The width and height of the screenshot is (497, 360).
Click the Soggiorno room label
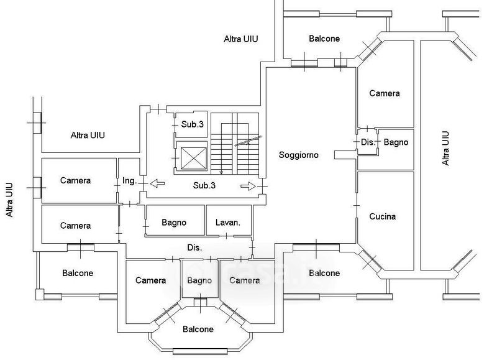(299, 155)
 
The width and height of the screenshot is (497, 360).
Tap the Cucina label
(383, 217)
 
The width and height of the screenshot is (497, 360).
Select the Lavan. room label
(228, 223)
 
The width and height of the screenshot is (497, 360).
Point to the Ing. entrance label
(129, 181)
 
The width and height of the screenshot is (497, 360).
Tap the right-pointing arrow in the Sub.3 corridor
(248, 185)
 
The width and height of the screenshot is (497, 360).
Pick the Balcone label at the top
(324, 39)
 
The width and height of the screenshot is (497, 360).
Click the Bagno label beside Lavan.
(175, 223)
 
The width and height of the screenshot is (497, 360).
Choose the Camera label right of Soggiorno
(385, 93)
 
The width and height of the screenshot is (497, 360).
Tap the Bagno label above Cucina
(396, 142)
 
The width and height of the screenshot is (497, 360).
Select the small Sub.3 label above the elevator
(193, 124)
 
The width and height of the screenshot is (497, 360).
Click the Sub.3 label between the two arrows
(204, 185)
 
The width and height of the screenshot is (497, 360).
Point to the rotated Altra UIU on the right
(445, 148)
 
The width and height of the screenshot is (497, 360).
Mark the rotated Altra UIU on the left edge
(9, 199)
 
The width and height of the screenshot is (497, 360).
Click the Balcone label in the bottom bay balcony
(198, 329)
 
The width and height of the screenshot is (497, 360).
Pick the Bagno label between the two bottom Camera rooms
(199, 280)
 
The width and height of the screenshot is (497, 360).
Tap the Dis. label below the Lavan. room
(194, 247)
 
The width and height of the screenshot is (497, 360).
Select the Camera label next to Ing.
(76, 181)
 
